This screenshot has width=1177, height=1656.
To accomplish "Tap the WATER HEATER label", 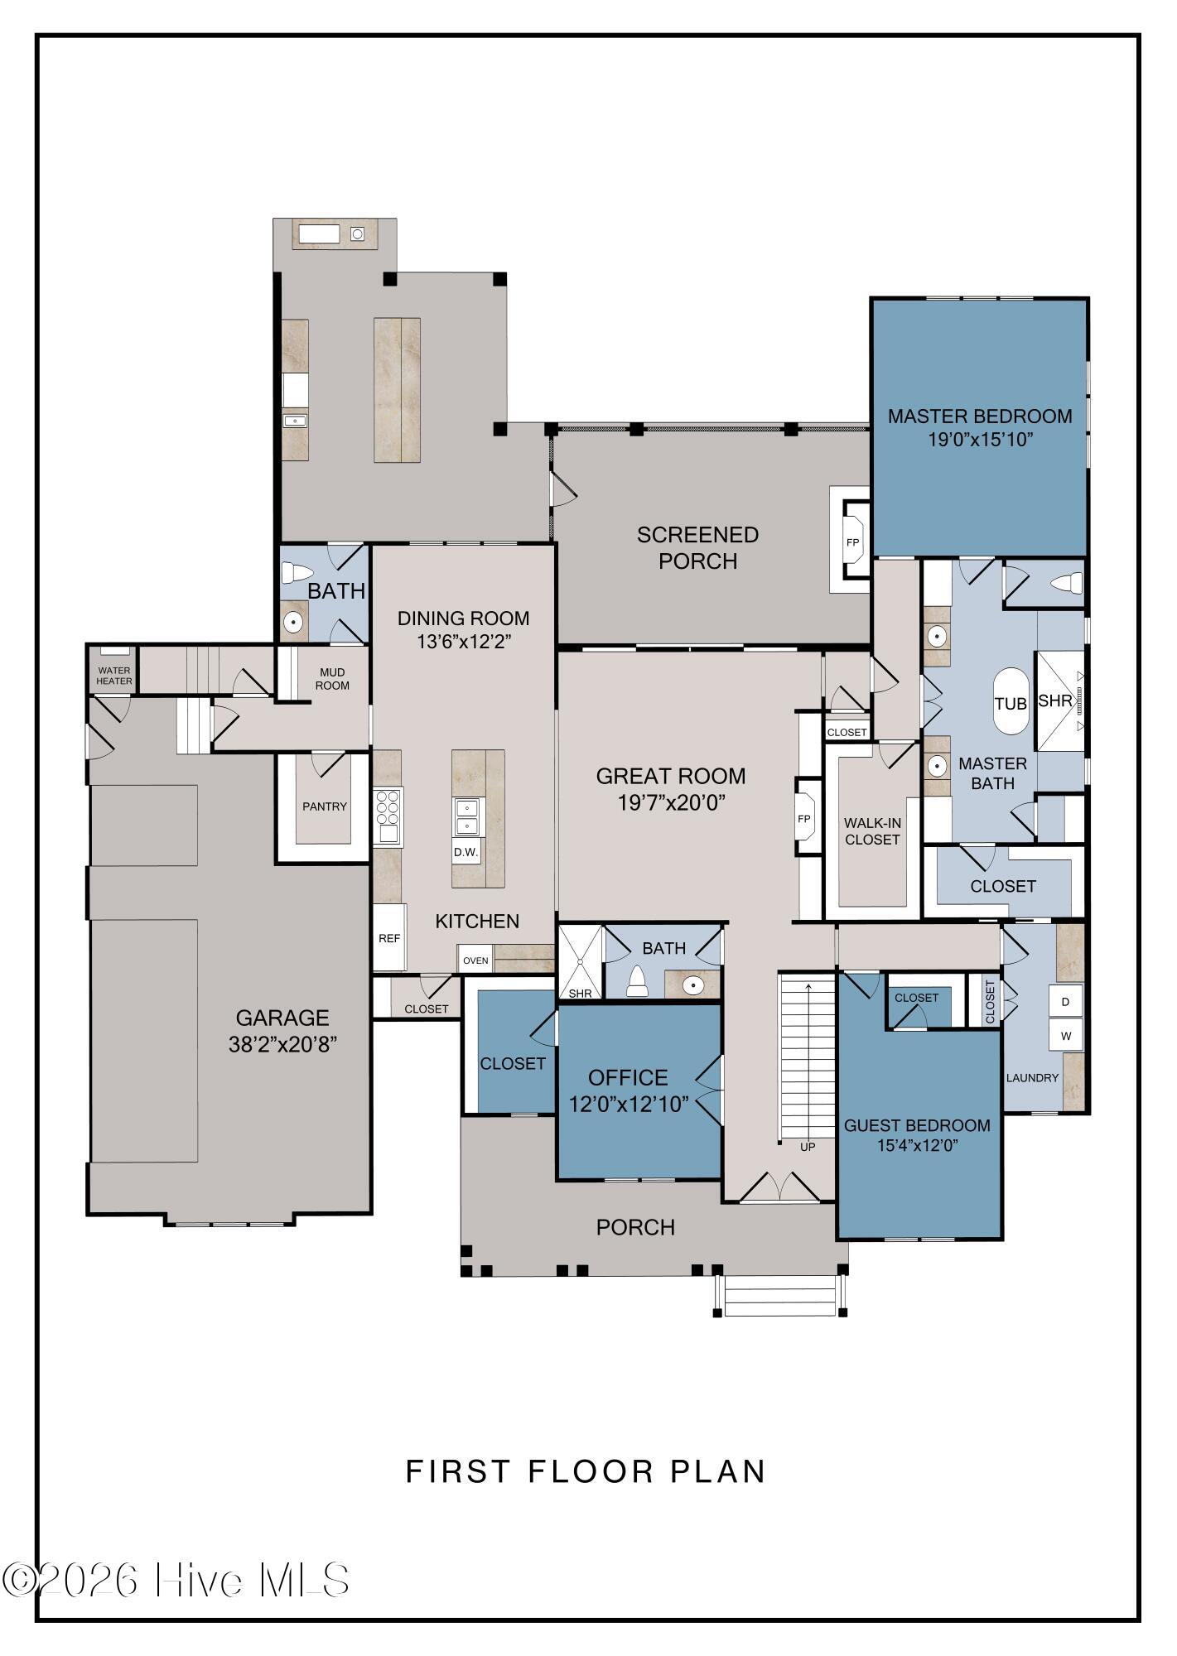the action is (113, 676).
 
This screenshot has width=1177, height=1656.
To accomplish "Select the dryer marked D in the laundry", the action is (1066, 1002).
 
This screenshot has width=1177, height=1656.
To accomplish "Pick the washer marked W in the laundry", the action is (1066, 1036).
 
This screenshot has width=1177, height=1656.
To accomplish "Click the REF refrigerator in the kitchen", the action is (389, 937).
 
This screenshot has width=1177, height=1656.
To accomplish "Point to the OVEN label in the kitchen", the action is (475, 960).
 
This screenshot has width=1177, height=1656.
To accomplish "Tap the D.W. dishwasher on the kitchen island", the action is (465, 851).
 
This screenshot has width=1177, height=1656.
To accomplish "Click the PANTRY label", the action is (325, 806).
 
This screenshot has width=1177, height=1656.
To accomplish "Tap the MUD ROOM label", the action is (332, 679).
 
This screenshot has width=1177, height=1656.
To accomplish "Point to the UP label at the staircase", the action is (808, 1147).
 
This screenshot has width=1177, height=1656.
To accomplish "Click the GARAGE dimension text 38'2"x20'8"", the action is (283, 1044).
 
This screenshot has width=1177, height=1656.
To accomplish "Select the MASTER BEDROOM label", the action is (980, 416).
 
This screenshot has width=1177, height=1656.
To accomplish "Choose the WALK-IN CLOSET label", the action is (872, 831).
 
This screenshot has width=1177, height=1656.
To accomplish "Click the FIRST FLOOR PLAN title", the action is (586, 1471).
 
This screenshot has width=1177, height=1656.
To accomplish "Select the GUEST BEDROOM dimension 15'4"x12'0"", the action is (918, 1146).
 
